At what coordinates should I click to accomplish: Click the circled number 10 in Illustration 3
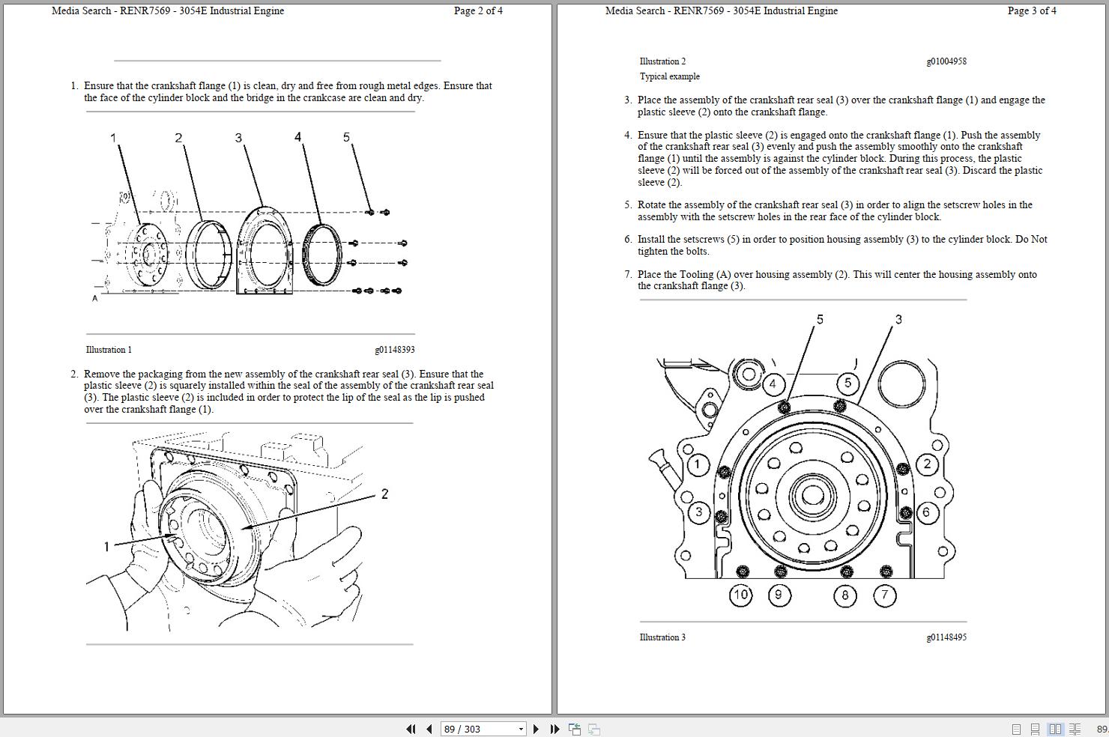[x=740, y=595]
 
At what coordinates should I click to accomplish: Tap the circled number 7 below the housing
[x=885, y=595]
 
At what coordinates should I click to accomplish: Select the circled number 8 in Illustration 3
[x=845, y=595]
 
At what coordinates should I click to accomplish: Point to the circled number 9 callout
[x=779, y=595]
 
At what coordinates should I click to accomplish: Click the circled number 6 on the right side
[x=927, y=512]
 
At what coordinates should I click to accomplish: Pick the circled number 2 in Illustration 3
[x=927, y=464]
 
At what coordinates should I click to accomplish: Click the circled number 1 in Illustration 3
[x=698, y=464]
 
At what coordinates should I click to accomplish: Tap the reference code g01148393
[x=394, y=350]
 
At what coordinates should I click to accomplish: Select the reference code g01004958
[x=946, y=61]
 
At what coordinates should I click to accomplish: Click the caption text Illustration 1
[x=109, y=350]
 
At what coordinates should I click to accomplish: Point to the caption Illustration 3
[x=662, y=637]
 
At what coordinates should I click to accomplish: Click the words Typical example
[x=669, y=76]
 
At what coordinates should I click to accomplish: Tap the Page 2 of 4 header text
[x=478, y=10]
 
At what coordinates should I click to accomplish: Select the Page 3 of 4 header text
[x=1032, y=10]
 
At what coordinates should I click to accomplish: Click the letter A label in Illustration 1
[x=95, y=298]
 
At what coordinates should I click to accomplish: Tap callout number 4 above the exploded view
[x=297, y=137]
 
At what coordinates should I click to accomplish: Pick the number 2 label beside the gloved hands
[x=384, y=494]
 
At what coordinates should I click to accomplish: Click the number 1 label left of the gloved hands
[x=106, y=547]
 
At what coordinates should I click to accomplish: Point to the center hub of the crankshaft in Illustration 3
[x=812, y=495]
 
